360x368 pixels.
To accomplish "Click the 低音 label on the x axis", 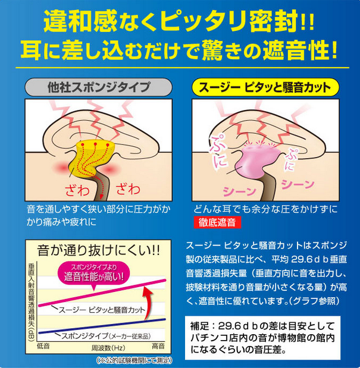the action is point(43,345).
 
